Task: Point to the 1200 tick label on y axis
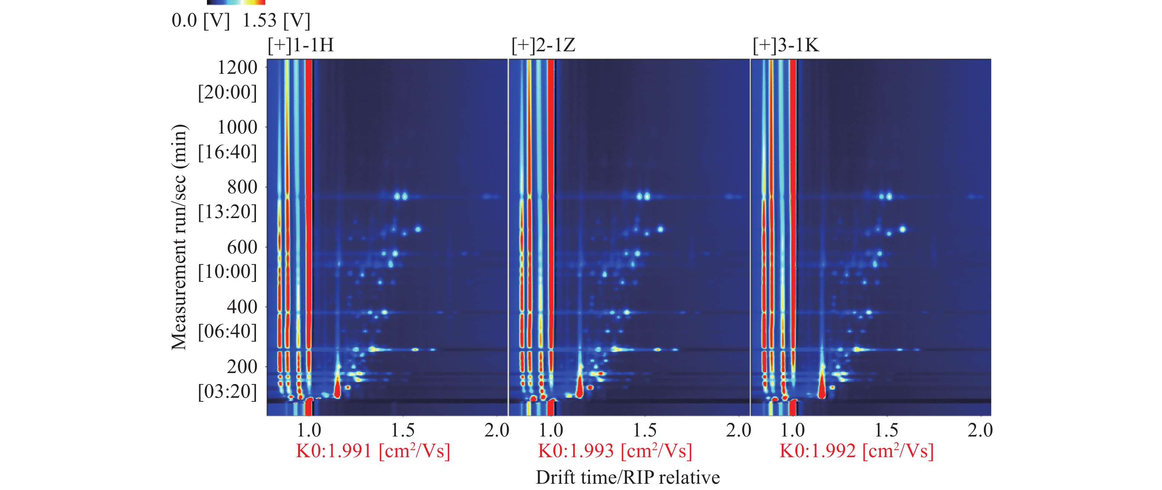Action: point(237,68)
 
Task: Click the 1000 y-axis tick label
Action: point(237,127)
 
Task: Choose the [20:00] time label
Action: point(227,93)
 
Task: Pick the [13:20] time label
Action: point(227,212)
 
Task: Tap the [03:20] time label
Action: point(227,391)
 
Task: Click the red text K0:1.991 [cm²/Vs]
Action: point(373,451)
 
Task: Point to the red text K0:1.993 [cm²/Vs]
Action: point(615,451)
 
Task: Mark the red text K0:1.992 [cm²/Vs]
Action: point(857,451)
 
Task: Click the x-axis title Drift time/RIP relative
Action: point(627,477)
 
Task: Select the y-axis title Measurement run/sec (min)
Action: point(179,237)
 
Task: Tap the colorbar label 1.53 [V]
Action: point(276,21)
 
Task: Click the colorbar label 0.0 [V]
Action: point(201,21)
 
